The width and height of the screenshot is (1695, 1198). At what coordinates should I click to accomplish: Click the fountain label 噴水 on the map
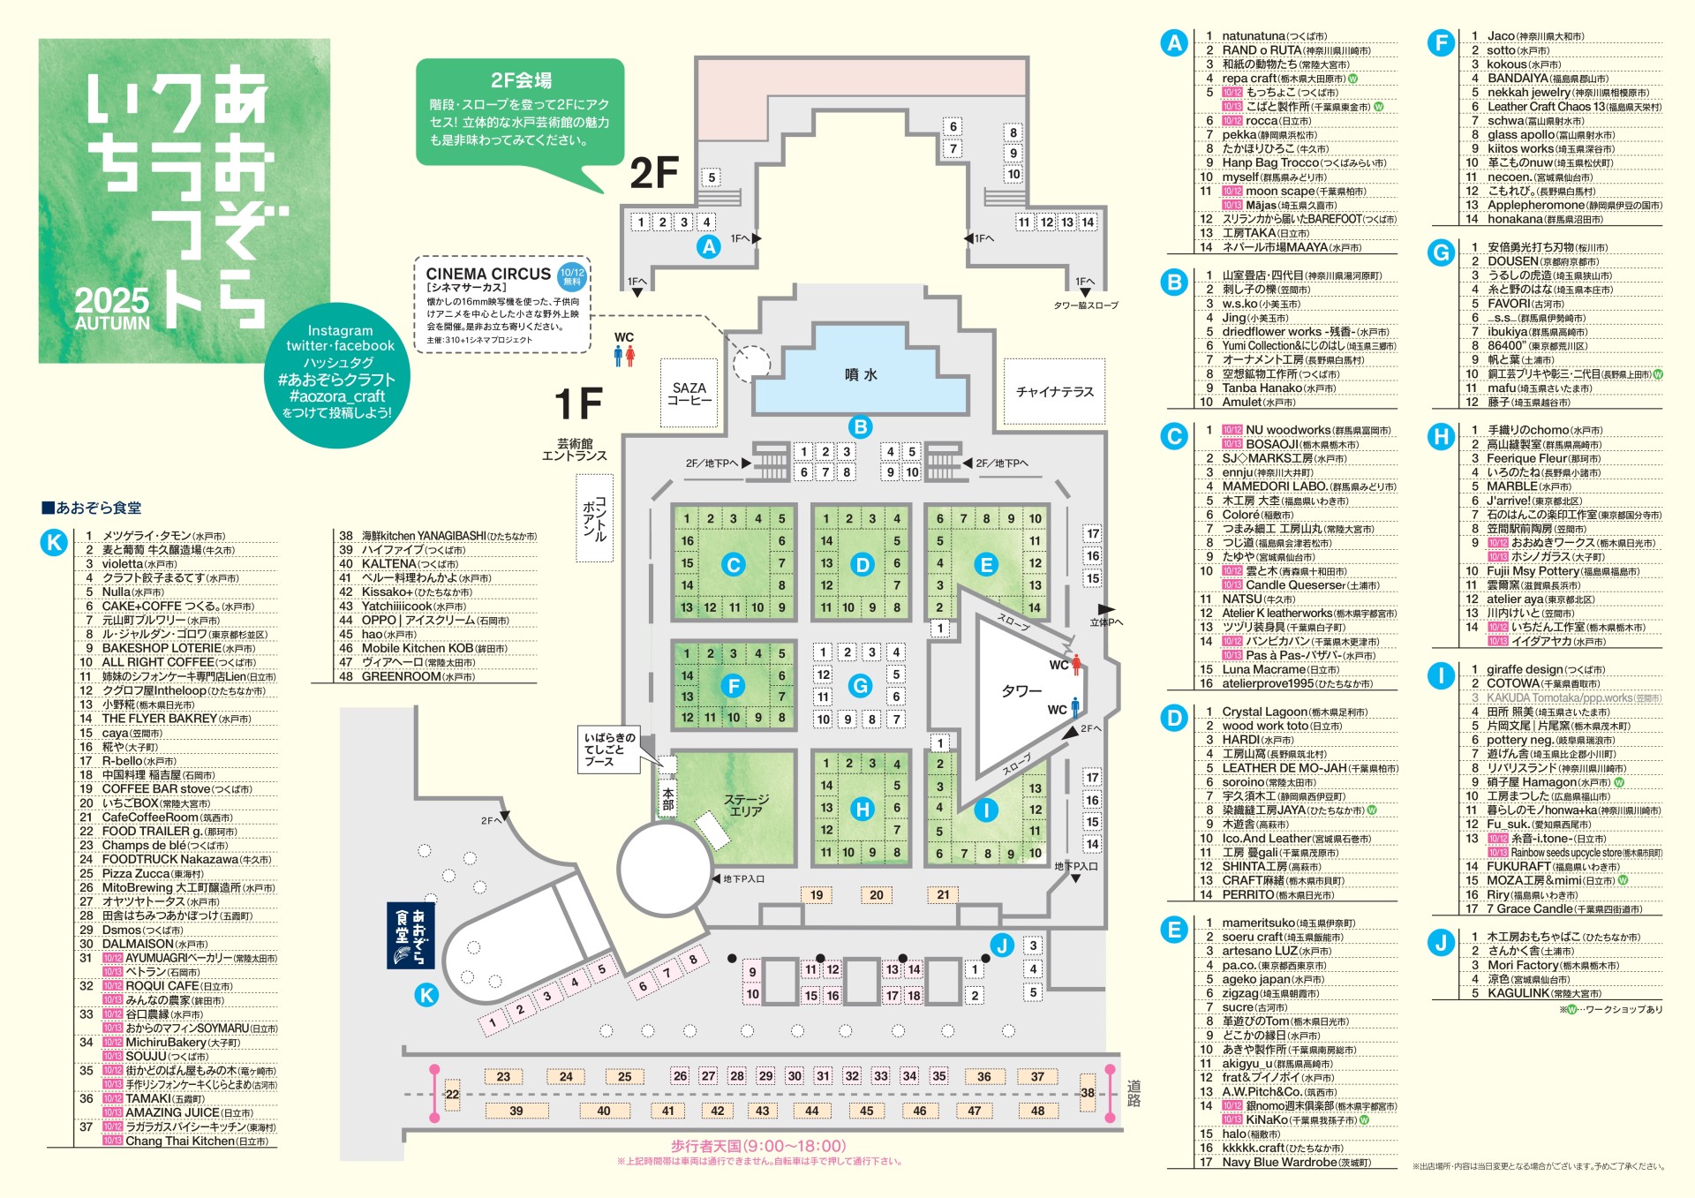(x=861, y=374)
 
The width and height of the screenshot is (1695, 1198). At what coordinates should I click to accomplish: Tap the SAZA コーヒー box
(x=689, y=394)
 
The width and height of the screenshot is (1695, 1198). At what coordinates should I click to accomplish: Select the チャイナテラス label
(x=1054, y=391)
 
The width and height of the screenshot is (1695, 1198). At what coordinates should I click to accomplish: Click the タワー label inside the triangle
(x=1021, y=690)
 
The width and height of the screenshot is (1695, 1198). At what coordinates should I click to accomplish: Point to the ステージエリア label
(x=746, y=804)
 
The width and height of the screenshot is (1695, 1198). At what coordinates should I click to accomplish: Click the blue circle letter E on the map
(x=986, y=564)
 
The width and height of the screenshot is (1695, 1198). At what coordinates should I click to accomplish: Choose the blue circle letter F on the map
(x=733, y=686)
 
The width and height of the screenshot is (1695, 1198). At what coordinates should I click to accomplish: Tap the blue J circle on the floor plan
(x=1001, y=946)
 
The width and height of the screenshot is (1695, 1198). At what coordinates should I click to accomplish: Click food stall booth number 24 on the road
(x=566, y=1076)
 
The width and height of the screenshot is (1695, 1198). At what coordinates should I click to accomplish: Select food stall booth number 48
(x=1037, y=1111)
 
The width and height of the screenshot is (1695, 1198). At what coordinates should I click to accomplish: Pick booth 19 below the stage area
(x=817, y=894)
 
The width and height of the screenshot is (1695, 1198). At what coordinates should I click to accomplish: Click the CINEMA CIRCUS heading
(x=487, y=274)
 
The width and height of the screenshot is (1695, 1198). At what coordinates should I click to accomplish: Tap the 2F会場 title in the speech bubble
(x=521, y=80)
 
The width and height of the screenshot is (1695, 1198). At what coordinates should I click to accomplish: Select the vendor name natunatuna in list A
(x=1253, y=36)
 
